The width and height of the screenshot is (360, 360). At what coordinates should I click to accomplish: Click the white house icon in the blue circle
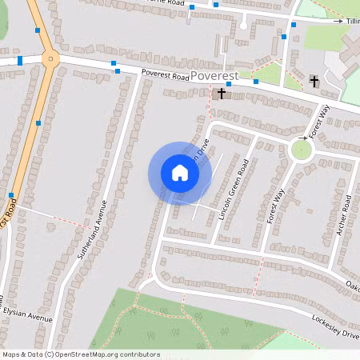(180, 172)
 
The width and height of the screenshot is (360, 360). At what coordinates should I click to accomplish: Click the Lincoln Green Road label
(233, 194)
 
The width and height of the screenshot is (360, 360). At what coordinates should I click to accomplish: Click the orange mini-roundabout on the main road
(50, 58)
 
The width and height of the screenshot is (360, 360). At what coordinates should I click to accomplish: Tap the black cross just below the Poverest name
(222, 94)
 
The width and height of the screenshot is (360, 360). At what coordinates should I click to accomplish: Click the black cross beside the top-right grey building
(314, 81)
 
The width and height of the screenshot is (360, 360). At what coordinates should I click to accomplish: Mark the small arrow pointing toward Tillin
(339, 20)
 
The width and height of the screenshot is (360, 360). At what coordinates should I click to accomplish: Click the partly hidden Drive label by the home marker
(205, 147)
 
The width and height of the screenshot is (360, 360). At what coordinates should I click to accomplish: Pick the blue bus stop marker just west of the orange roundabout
(20, 60)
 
